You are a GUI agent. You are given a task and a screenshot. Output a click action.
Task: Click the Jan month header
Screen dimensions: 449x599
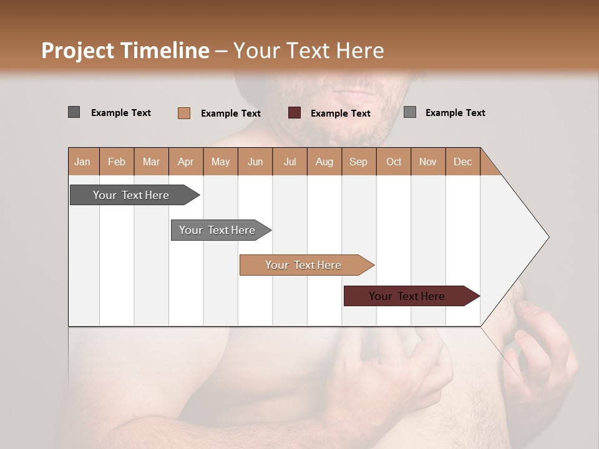tap(82, 162)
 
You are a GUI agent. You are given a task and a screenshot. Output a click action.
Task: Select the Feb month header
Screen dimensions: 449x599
tap(117, 162)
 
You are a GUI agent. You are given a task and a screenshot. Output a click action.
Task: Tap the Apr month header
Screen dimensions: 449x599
tap(185, 162)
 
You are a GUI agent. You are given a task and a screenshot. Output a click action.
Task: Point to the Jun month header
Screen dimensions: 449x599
tap(255, 162)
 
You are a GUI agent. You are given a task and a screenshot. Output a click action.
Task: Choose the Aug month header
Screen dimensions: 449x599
tap(324, 162)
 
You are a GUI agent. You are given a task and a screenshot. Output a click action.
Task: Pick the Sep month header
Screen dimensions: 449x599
tap(358, 162)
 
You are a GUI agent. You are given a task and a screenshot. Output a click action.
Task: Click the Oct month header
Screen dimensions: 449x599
tap(394, 162)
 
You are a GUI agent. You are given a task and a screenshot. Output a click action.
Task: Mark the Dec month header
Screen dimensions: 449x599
tap(462, 162)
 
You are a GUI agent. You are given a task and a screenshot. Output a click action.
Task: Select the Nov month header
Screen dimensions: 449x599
tap(428, 162)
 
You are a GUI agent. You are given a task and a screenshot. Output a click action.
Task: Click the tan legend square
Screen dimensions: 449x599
tap(184, 113)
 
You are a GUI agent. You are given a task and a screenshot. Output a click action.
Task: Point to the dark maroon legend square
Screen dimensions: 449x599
tap(295, 113)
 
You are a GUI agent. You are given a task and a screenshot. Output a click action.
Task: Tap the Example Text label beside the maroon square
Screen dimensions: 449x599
tap(341, 113)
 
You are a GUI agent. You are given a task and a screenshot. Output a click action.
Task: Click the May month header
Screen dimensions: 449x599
tap(220, 162)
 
